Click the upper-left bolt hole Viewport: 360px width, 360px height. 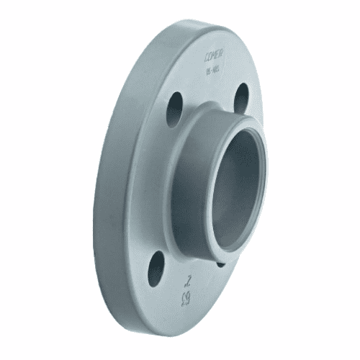[x=175, y=110]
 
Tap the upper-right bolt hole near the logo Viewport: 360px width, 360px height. [x=242, y=99]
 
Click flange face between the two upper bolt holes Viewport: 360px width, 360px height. [x=209, y=94]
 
